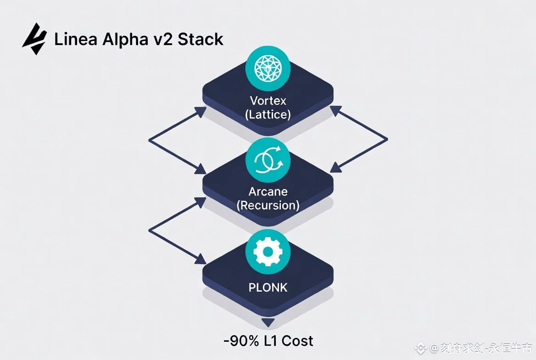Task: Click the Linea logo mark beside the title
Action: pyautogui.click(x=34, y=39)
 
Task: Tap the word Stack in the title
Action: pyautogui.click(x=201, y=39)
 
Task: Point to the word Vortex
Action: pyautogui.click(x=268, y=100)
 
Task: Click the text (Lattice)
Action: pyautogui.click(x=268, y=114)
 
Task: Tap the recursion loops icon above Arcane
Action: pyautogui.click(x=268, y=159)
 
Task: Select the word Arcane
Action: pyautogui.click(x=268, y=191)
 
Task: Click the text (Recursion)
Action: pyautogui.click(x=268, y=205)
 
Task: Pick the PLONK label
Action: pyautogui.click(x=268, y=287)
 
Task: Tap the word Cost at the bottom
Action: pyautogui.click(x=297, y=341)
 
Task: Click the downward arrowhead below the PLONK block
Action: pyautogui.click(x=268, y=322)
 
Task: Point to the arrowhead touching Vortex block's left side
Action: pyautogui.click(x=201, y=112)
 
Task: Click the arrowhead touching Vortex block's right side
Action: pyautogui.click(x=335, y=111)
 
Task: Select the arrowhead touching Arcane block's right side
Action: pyautogui.click(x=335, y=167)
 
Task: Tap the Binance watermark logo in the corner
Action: pyautogui.click(x=420, y=349)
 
